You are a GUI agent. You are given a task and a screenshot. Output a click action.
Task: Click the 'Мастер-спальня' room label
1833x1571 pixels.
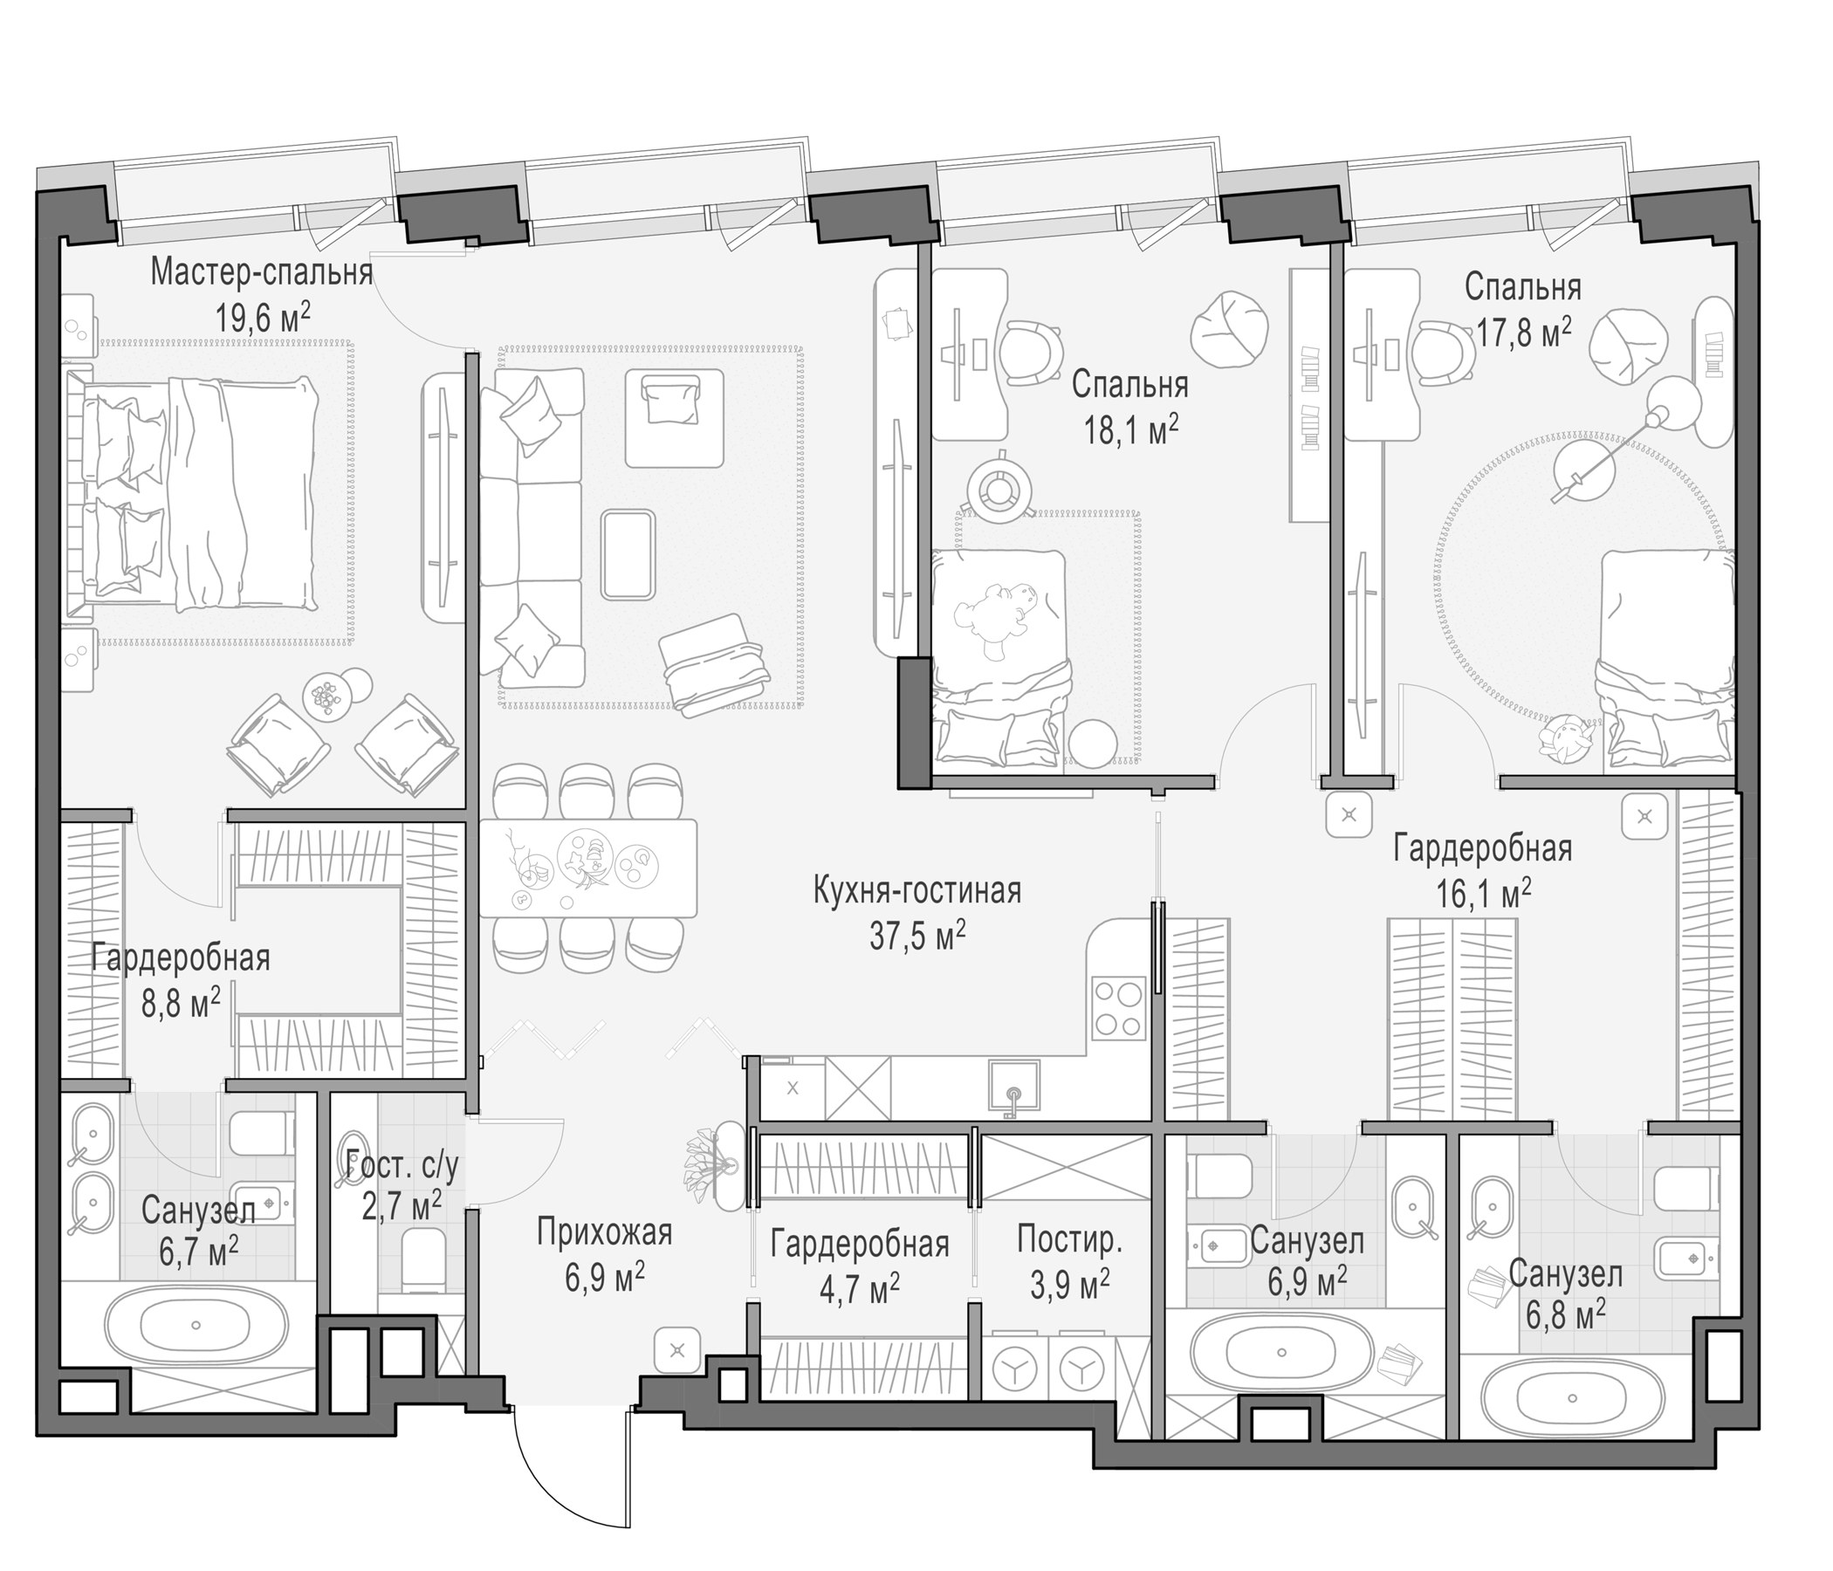point(261,272)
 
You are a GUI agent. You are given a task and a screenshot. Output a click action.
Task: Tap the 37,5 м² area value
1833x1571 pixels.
point(917,935)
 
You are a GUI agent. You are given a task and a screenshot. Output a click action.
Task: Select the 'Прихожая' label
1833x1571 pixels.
point(605,1232)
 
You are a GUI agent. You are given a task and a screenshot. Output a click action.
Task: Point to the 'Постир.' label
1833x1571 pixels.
point(1069,1240)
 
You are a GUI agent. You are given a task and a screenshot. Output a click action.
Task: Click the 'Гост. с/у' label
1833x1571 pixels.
point(402,1167)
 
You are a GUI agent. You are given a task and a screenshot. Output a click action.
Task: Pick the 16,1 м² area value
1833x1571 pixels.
point(1483,894)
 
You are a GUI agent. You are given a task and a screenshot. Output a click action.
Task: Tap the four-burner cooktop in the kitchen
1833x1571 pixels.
point(1118,1009)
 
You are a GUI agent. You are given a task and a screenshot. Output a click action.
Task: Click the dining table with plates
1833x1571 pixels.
point(587,868)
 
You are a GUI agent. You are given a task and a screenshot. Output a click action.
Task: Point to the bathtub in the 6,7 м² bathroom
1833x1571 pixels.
point(196,1324)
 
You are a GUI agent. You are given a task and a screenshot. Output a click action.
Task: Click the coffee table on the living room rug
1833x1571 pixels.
point(628,553)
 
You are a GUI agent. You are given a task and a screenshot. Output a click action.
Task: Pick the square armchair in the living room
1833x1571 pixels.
point(674,417)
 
